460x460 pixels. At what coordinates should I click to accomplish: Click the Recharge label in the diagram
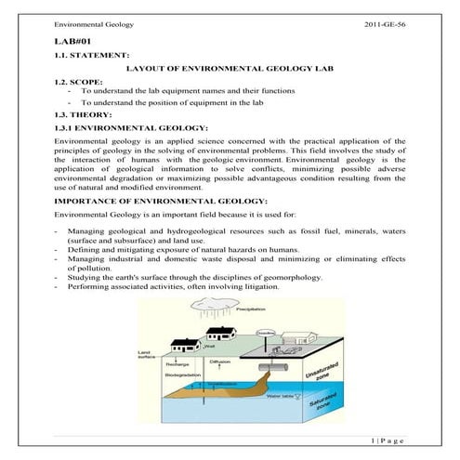tap(177, 365)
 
